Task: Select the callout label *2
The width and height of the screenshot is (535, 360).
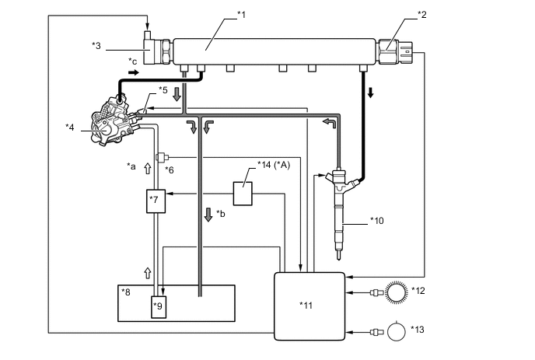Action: tap(421, 14)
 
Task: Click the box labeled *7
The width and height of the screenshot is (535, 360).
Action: tap(156, 201)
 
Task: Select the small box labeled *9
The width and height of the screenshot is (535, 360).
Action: tap(159, 304)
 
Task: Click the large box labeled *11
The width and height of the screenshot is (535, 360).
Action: tap(309, 304)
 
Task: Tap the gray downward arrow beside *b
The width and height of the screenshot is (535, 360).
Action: tap(208, 212)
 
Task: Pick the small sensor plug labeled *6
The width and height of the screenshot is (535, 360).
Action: tap(160, 157)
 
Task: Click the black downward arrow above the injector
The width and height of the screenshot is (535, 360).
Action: tap(370, 91)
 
